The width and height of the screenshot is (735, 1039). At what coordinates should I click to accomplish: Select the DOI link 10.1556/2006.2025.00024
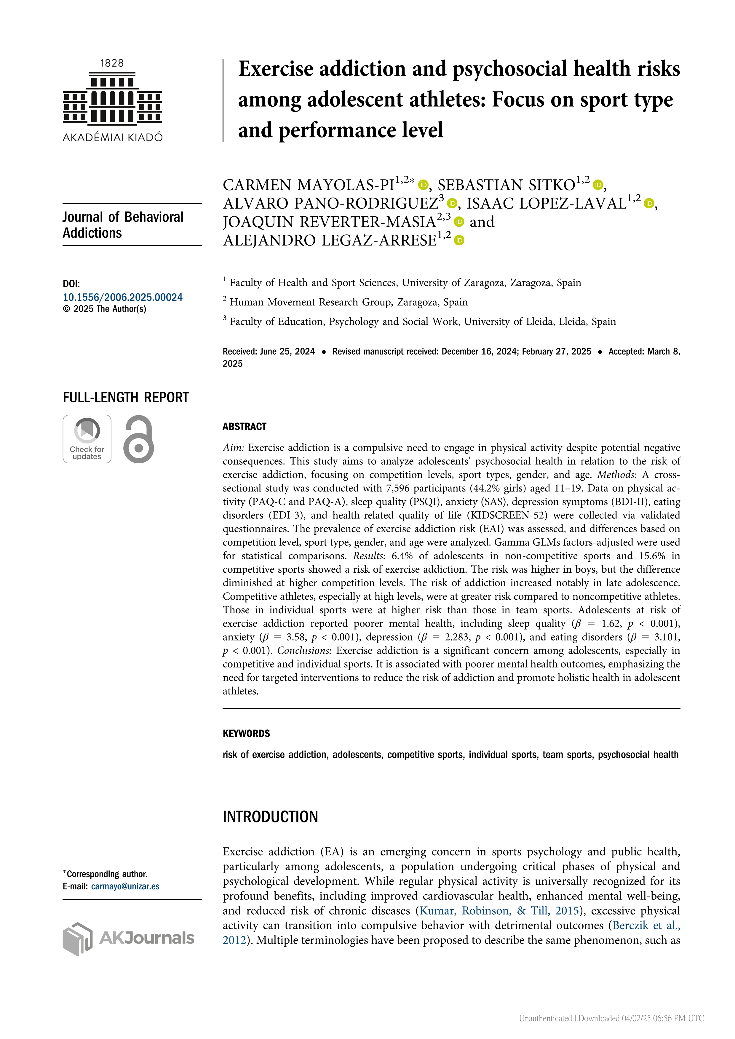pos(123,297)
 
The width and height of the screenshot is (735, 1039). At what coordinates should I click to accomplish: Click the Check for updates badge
pos(87,439)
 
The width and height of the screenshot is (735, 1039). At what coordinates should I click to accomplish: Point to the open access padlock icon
pos(138,439)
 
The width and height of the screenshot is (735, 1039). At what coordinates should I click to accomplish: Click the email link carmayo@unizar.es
pos(125,886)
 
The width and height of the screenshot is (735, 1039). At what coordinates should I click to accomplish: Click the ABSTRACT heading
pos(245,427)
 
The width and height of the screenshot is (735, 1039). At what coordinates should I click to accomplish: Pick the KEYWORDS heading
pos(246,734)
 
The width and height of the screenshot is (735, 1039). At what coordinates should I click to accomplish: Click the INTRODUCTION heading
pos(270,817)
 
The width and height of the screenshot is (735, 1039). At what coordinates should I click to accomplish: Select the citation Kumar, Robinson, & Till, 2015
pos(499,910)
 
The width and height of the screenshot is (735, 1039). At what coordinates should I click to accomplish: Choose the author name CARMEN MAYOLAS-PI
pos(308,185)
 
